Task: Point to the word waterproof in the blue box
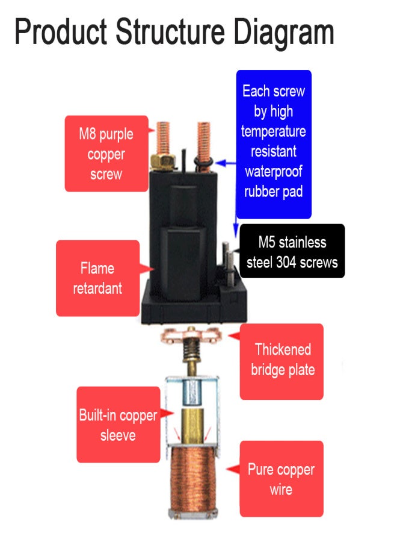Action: click(x=273, y=171)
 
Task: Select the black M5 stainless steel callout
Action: click(x=292, y=252)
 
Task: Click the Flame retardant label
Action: click(x=97, y=278)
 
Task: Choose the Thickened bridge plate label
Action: click(x=282, y=360)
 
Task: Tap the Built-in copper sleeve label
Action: click(x=118, y=425)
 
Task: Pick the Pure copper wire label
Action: click(x=281, y=479)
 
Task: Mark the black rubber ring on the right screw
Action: click(x=203, y=162)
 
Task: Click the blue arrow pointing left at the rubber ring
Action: click(x=225, y=163)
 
